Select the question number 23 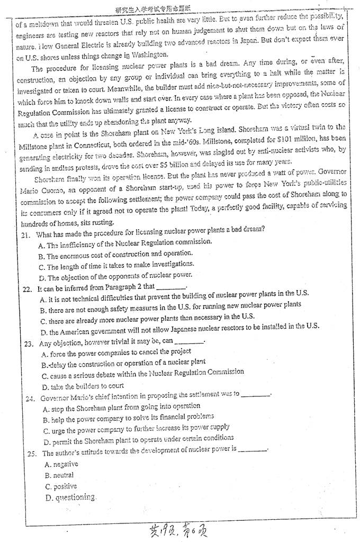pos(29,343)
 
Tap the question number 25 pos(30,454)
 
